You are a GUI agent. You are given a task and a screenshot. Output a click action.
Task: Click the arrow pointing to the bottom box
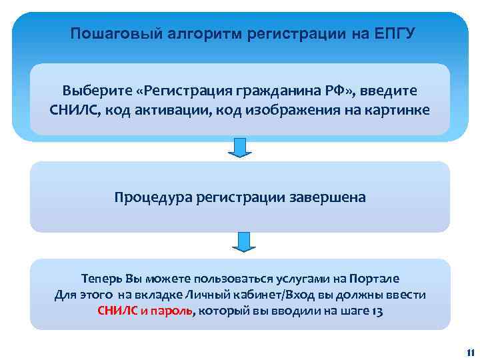point(244,242)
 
